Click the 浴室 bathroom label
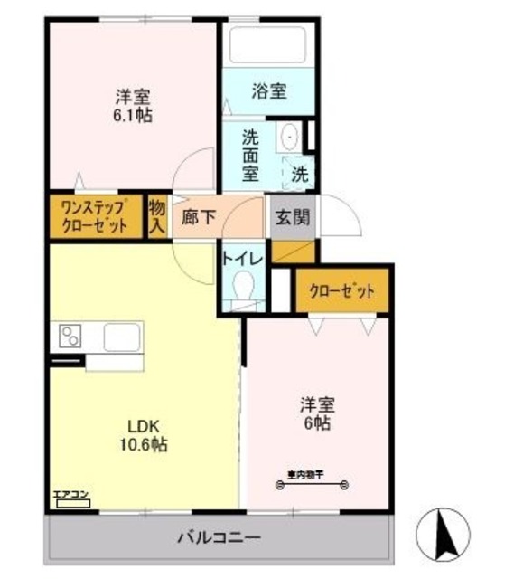pyautogui.click(x=269, y=90)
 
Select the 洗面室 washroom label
pyautogui.click(x=250, y=156)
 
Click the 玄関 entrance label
pyautogui.click(x=291, y=218)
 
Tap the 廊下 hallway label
pyautogui.click(x=199, y=218)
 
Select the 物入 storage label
pyautogui.click(x=156, y=218)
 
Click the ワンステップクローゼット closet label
pyautogui.click(x=93, y=217)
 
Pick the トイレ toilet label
pyautogui.click(x=242, y=259)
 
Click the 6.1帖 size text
pyautogui.click(x=132, y=117)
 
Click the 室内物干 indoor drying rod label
pyautogui.click(x=304, y=473)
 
